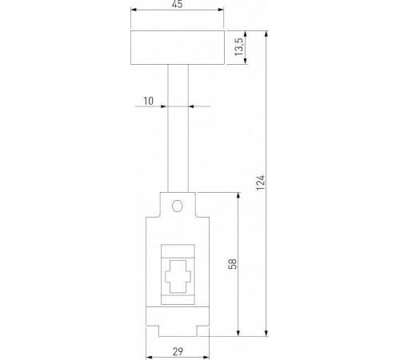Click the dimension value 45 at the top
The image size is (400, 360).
(178, 5)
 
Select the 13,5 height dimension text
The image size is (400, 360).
(238, 49)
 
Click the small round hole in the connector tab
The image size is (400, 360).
(178, 206)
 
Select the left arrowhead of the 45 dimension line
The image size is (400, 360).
(134, 11)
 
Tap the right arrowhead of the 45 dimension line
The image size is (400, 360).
(222, 11)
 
